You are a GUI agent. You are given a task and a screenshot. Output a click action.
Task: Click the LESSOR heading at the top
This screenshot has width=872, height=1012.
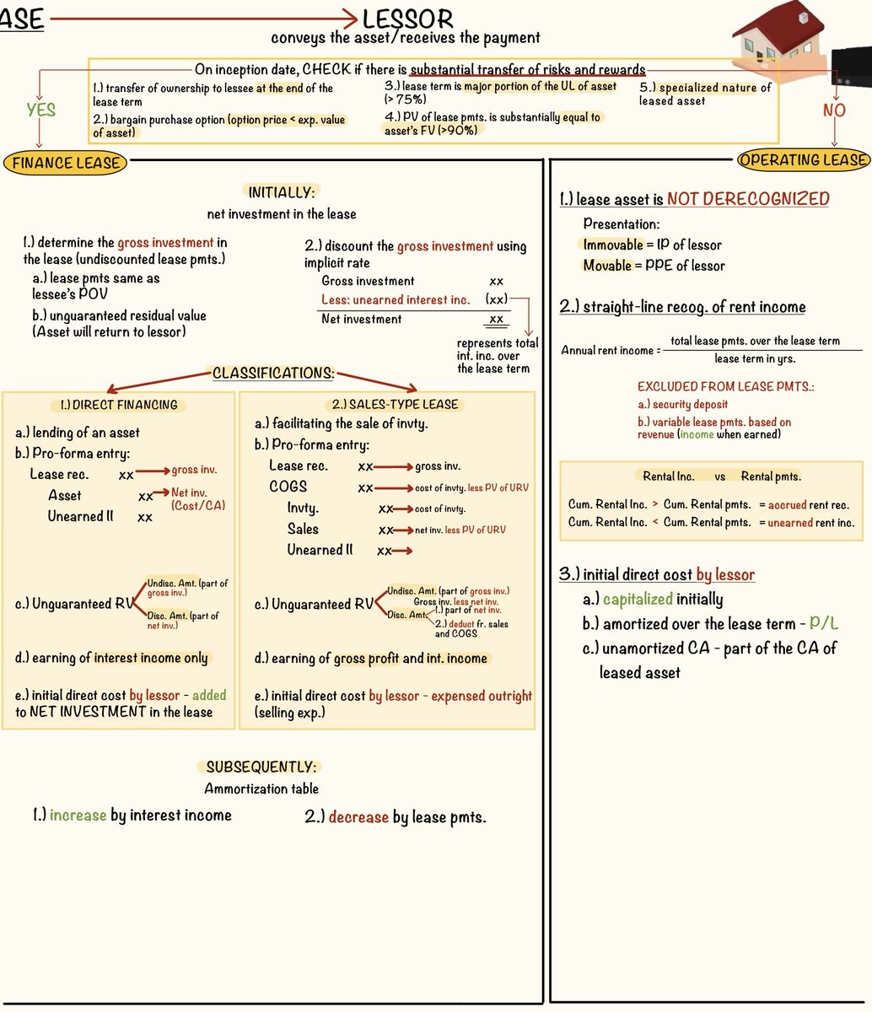click(408, 19)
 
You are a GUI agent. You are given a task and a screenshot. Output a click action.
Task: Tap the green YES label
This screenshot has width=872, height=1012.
click(40, 110)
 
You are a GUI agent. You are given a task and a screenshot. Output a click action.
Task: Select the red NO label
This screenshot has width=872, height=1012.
click(833, 110)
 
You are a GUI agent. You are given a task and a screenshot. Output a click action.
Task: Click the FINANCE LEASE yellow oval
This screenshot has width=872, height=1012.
click(66, 163)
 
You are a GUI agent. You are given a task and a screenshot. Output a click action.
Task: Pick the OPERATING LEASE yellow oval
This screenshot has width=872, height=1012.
click(803, 159)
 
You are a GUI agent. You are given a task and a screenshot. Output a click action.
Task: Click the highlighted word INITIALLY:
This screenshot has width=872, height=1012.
click(281, 192)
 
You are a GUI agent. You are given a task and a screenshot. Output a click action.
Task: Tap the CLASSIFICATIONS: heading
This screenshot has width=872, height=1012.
click(272, 373)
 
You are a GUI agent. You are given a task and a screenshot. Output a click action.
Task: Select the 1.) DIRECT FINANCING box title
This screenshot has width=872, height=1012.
click(119, 405)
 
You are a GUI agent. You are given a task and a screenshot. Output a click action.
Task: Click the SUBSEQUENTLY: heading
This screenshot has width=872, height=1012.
click(261, 767)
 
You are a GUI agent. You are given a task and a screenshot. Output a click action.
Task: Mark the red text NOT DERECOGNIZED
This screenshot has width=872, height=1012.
click(748, 199)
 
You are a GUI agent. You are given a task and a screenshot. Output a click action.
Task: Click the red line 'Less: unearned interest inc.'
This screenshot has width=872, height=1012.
click(396, 300)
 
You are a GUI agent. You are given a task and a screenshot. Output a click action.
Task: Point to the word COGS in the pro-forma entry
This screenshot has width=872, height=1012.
click(288, 487)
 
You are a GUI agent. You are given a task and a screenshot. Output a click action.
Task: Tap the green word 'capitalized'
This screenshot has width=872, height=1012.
click(638, 600)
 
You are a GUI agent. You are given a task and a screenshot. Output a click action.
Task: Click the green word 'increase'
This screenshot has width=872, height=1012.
click(78, 816)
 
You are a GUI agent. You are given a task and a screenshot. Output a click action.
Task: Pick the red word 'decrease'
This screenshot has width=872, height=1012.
click(358, 817)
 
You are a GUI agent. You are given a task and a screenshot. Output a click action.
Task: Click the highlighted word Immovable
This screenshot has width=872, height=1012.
click(613, 245)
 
